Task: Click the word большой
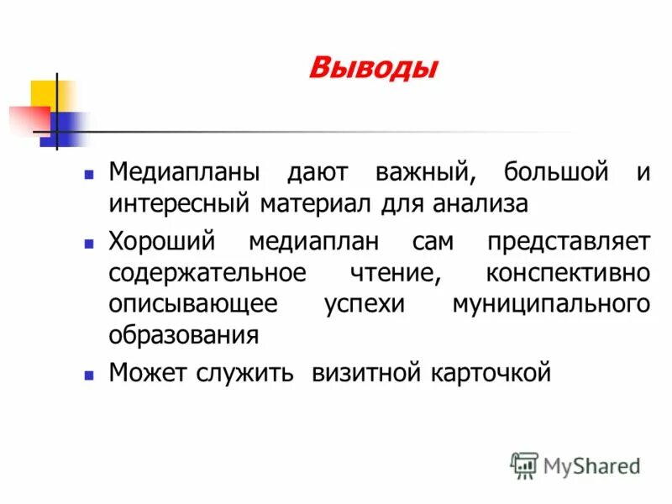pyautogui.click(x=555, y=174)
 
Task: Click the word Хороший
pyautogui.click(x=162, y=242)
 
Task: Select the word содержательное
pyautogui.click(x=206, y=272)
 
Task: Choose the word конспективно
pyautogui.click(x=568, y=272)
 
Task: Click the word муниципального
pyautogui.click(x=551, y=303)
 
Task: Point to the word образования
pyautogui.click(x=183, y=333)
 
